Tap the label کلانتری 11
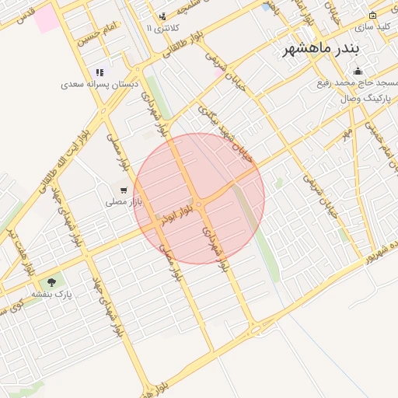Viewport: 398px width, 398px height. coord(162,28)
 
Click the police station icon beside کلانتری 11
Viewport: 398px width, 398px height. coord(162,16)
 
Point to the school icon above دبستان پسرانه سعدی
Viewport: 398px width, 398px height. coord(99,72)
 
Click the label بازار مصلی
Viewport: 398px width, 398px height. coord(122,201)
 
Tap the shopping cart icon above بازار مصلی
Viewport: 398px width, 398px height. coord(123,190)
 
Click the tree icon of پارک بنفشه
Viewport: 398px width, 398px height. coord(51,282)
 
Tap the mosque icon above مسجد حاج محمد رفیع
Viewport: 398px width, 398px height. coord(357,72)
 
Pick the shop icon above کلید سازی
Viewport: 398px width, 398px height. coord(372,15)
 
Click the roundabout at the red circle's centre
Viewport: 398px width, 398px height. coord(200,203)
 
